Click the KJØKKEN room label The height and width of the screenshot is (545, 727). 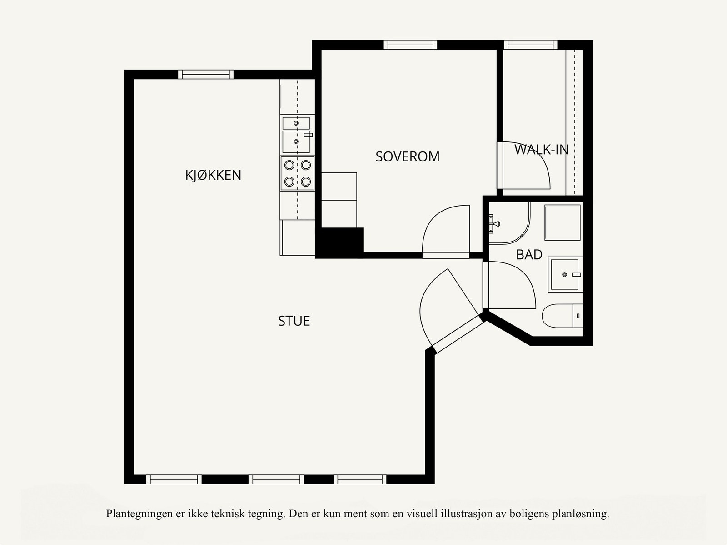point(213,175)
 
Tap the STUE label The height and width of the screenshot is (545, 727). point(294,321)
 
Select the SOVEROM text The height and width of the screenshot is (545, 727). point(408,156)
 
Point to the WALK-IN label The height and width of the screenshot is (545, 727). point(541,150)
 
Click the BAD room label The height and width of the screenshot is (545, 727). point(529,255)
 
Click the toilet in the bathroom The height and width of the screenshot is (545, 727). point(563,316)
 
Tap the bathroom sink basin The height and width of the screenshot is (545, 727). point(565,274)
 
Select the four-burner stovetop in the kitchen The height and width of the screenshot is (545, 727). point(298,173)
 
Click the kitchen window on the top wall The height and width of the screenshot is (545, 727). point(206,74)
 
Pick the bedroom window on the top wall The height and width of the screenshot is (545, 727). point(410,45)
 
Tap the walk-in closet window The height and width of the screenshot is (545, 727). point(531,45)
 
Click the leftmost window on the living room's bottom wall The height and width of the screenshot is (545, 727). point(174,479)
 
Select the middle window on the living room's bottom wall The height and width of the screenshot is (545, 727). point(276,479)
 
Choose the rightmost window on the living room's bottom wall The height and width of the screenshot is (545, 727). point(360,479)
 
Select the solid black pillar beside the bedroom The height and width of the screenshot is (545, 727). point(339,242)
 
